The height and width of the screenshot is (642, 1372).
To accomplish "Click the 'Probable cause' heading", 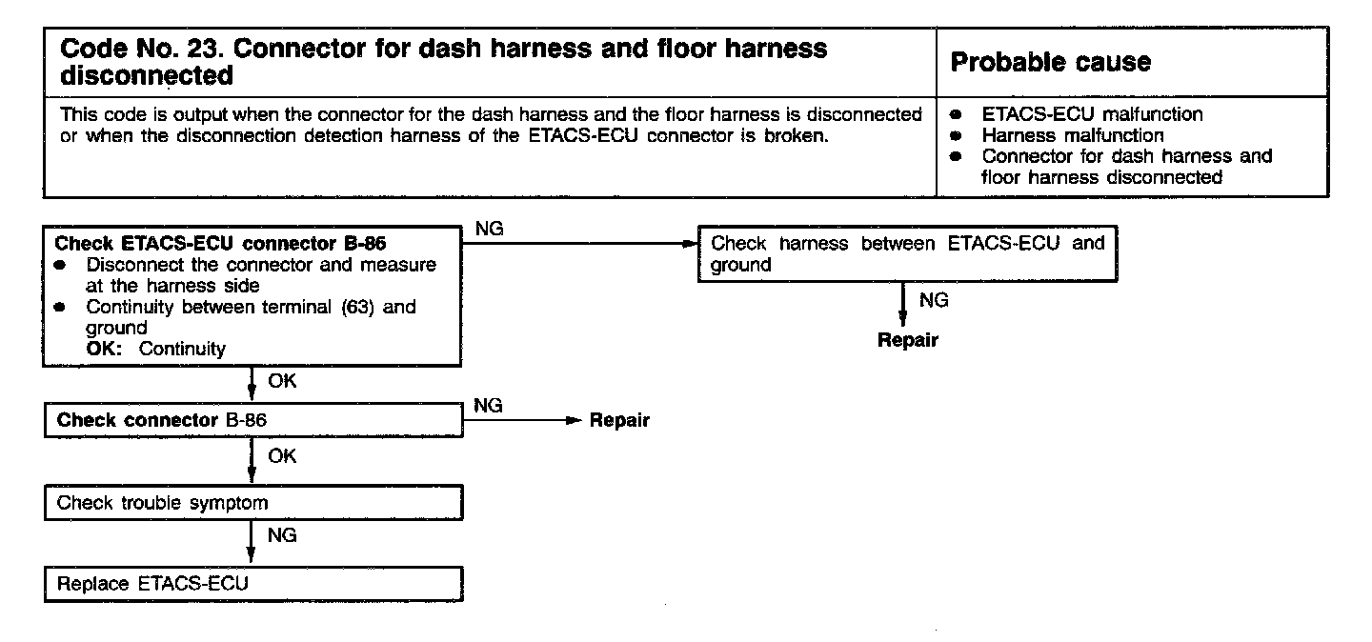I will coord(1051,63).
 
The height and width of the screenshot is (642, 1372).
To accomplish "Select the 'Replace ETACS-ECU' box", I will coord(252,584).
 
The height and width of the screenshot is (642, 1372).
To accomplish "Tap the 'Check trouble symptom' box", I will coord(252,503).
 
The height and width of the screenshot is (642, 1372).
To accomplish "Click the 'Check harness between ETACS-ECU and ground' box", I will coord(907,254).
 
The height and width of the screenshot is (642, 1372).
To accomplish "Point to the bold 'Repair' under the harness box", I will coord(907,340).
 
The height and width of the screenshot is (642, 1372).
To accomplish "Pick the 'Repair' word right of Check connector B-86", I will coord(619,420).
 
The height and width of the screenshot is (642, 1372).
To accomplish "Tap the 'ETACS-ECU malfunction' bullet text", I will coord(1092,114).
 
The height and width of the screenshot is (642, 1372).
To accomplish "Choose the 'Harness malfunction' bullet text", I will coord(1073,135).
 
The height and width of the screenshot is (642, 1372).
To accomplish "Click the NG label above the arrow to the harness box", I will coord(488,229).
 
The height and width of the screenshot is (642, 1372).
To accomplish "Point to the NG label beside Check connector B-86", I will coord(488,406).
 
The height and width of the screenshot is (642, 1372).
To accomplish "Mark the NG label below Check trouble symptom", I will coord(283,535).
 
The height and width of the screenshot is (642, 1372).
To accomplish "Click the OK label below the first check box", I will coord(283,381).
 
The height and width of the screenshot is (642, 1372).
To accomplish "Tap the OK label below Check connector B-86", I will coord(283,456).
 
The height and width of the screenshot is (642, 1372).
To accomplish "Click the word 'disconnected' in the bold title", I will coord(147,74).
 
